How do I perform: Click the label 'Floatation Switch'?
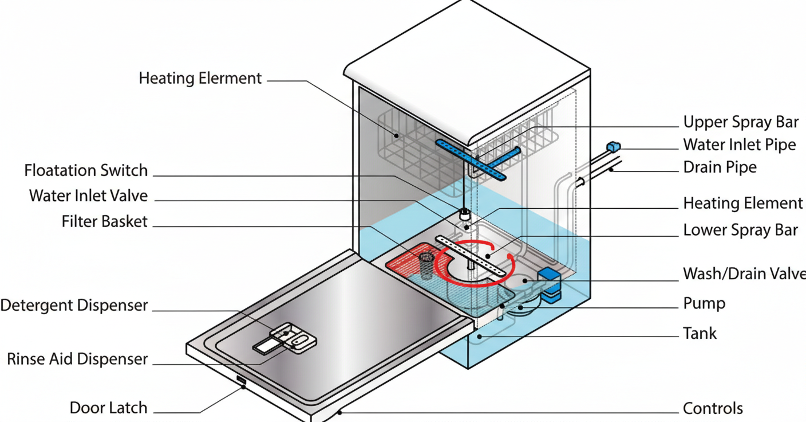click(86, 171)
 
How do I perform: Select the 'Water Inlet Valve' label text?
click(89, 196)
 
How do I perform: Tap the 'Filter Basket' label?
click(105, 221)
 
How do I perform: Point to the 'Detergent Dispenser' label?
click(74, 306)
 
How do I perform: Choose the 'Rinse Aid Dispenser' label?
click(77, 360)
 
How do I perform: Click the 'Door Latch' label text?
click(109, 408)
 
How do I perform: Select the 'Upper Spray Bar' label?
click(741, 122)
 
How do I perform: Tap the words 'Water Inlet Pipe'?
click(740, 144)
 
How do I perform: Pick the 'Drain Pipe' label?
click(720, 167)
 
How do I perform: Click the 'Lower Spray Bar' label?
click(741, 230)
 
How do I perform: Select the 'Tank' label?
click(700, 333)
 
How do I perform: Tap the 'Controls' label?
click(713, 409)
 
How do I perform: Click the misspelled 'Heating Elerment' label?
click(200, 78)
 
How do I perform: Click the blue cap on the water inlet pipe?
click(613, 147)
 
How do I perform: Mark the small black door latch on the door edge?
click(240, 381)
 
